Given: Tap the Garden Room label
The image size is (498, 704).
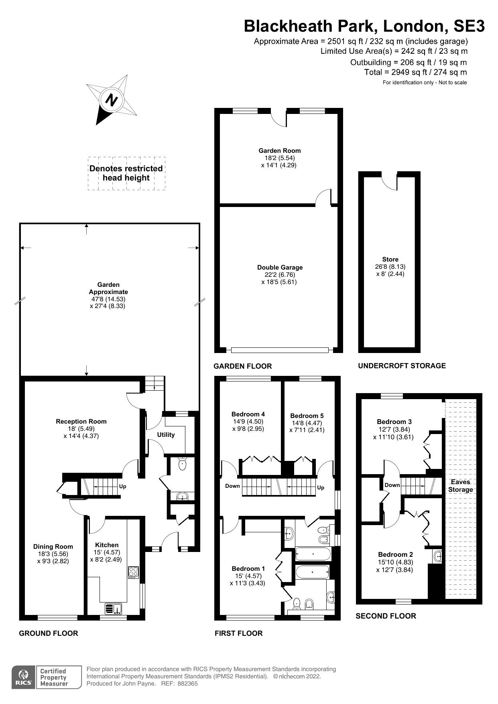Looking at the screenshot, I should click(x=279, y=151).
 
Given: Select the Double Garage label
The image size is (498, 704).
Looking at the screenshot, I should click(x=280, y=268).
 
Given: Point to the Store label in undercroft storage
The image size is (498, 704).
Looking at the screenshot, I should click(x=390, y=260).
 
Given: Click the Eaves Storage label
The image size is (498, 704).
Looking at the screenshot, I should click(x=460, y=486).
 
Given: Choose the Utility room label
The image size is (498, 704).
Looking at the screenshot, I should click(x=166, y=435).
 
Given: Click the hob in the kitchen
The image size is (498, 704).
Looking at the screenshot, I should click(x=133, y=572).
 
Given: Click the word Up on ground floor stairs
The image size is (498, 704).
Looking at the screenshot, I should click(x=123, y=486).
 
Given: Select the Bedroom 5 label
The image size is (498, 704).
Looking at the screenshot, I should click(x=307, y=416).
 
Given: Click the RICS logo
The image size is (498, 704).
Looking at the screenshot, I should click(x=24, y=678).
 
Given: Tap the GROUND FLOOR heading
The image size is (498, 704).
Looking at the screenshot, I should click(x=49, y=633).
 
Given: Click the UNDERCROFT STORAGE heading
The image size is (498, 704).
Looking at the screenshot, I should click(x=402, y=365).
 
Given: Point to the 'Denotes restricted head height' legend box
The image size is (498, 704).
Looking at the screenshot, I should click(x=126, y=173).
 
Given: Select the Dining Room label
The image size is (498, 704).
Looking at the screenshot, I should click(x=53, y=547).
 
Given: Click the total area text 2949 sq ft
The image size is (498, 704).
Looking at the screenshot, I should click(x=415, y=72).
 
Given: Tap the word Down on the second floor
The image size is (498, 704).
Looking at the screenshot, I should click(x=392, y=485).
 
